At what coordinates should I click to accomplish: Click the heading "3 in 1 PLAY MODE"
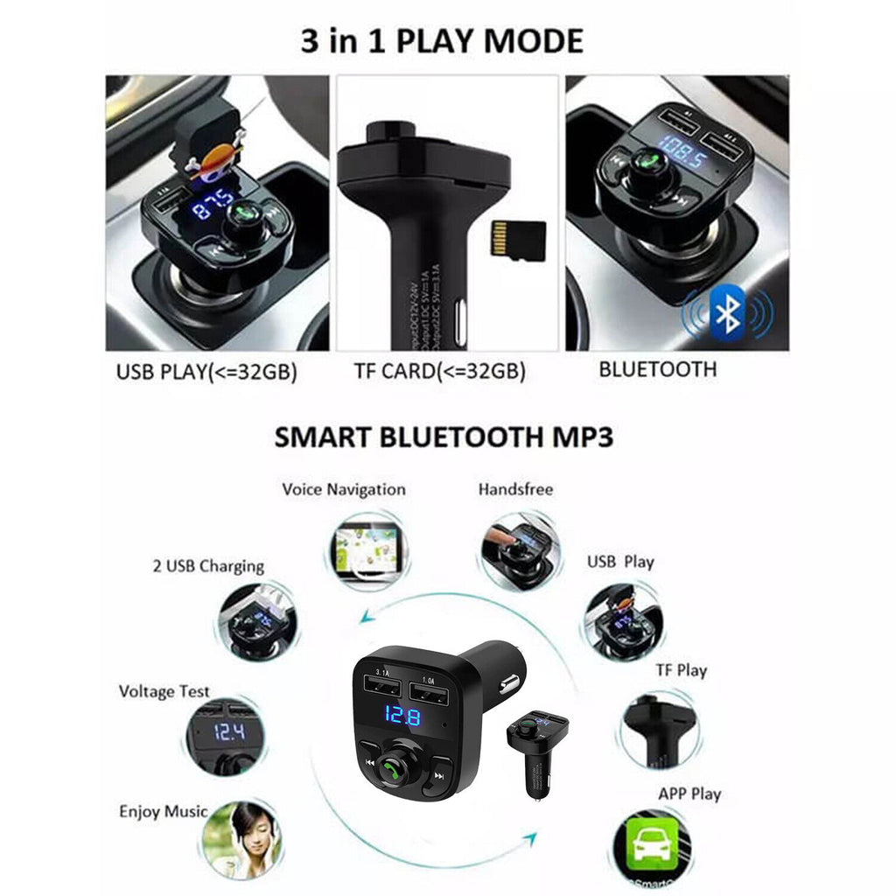click(441, 41)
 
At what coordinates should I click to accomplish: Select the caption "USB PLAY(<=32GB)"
click(206, 372)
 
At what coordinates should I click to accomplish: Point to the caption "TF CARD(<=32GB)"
click(439, 372)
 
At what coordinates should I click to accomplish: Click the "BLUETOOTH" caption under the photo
click(657, 369)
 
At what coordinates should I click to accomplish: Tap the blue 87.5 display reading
click(213, 207)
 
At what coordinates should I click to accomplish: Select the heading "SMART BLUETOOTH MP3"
click(444, 437)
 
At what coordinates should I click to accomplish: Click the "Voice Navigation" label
click(343, 490)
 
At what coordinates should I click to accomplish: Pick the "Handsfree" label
click(515, 490)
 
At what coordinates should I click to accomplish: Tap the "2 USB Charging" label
click(208, 566)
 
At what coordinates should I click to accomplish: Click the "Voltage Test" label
click(164, 692)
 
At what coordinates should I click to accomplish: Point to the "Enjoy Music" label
click(164, 812)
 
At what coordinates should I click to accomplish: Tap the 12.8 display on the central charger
click(402, 717)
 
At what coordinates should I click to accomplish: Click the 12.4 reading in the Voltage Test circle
click(229, 732)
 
